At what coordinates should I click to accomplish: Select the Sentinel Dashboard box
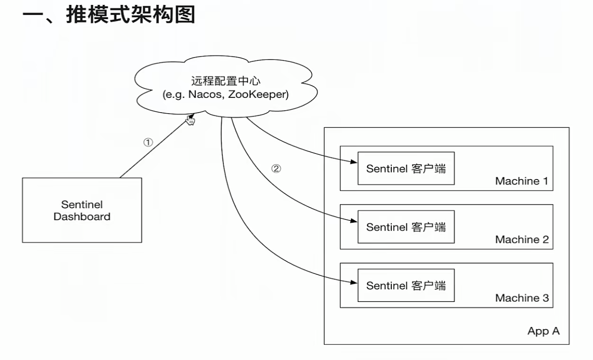pyautogui.click(x=82, y=210)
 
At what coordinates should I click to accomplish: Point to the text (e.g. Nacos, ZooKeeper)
pyautogui.click(x=225, y=94)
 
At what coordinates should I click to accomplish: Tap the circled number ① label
pyautogui.click(x=148, y=142)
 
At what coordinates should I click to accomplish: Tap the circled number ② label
pyautogui.click(x=277, y=169)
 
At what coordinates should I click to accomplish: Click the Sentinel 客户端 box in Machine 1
pyautogui.click(x=406, y=168)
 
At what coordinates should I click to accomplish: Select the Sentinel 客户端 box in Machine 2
pyautogui.click(x=406, y=227)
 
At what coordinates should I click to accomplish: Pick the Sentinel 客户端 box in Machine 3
pyautogui.click(x=406, y=285)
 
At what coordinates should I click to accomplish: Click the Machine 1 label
pyautogui.click(x=521, y=181)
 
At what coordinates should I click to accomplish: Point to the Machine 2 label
pyautogui.click(x=521, y=240)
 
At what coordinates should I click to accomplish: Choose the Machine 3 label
pyautogui.click(x=521, y=298)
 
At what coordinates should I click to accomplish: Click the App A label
pyautogui.click(x=543, y=331)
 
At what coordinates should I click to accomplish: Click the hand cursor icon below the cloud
pyautogui.click(x=190, y=120)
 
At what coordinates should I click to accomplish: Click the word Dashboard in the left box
pyautogui.click(x=82, y=216)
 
